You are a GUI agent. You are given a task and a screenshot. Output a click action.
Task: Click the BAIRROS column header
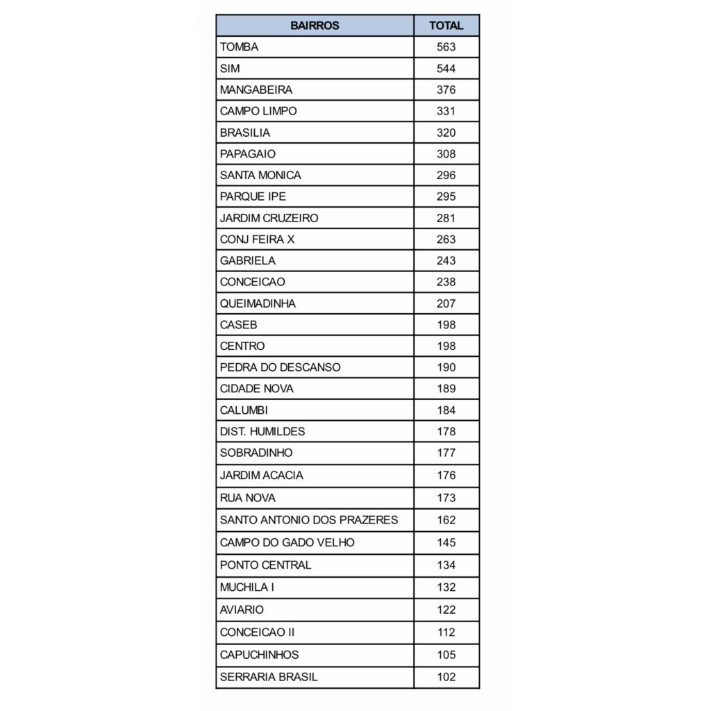coord(315,26)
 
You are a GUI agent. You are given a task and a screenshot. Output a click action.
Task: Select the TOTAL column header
coord(446,26)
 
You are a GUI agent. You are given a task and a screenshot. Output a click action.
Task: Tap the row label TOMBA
coord(239,47)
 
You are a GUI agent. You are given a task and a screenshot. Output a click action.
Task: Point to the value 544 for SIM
coord(446,69)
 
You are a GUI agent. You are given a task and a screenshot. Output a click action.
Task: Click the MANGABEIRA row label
coord(256,90)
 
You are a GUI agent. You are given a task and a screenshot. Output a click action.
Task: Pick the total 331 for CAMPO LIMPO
coord(446,111)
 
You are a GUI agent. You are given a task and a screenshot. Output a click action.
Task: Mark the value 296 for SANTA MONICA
coord(446,175)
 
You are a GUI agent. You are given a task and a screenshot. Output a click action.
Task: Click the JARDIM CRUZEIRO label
coord(269,218)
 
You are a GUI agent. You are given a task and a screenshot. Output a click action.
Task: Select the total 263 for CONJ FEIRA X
coord(446,240)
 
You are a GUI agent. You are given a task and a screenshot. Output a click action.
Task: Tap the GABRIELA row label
coord(247,260)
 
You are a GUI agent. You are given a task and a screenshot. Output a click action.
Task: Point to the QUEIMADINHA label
coord(258,303)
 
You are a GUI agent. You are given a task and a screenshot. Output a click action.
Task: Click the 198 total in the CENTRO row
coord(446,346)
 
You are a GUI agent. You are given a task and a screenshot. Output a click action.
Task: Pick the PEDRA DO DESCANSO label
coord(280,367)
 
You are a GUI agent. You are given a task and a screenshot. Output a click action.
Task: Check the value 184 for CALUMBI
coord(446,410)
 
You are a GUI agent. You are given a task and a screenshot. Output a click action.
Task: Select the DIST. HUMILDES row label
coord(262,431)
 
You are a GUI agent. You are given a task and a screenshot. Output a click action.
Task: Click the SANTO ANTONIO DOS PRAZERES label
coord(308,519)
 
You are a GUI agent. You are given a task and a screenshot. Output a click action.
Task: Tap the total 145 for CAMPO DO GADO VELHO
coord(446,542)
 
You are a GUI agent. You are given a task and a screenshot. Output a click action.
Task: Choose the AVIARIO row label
coord(242,610)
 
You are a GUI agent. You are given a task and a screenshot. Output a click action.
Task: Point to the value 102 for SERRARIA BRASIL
coord(446,677)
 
